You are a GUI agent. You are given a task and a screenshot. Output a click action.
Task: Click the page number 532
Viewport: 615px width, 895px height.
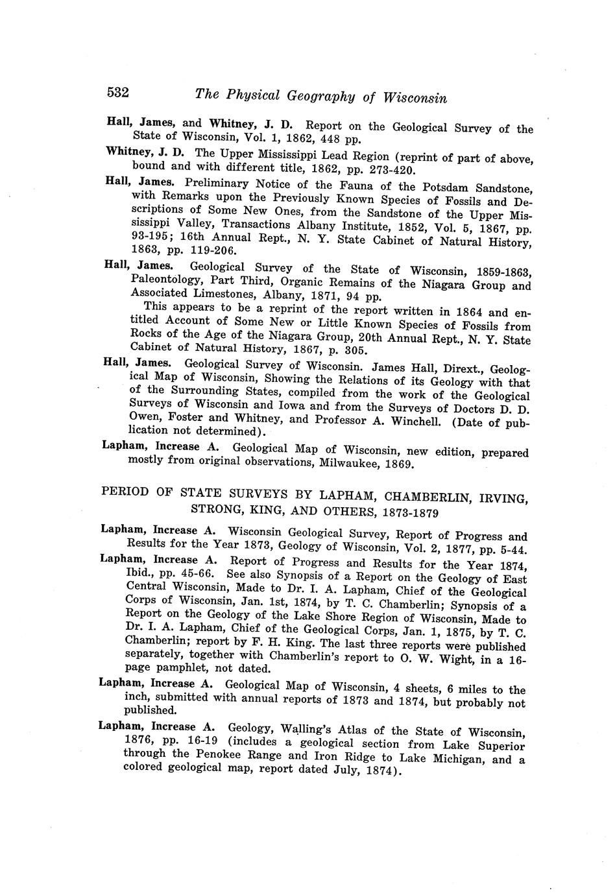[118, 93]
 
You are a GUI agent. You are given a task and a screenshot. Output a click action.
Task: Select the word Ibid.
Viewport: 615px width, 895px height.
[138, 574]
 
